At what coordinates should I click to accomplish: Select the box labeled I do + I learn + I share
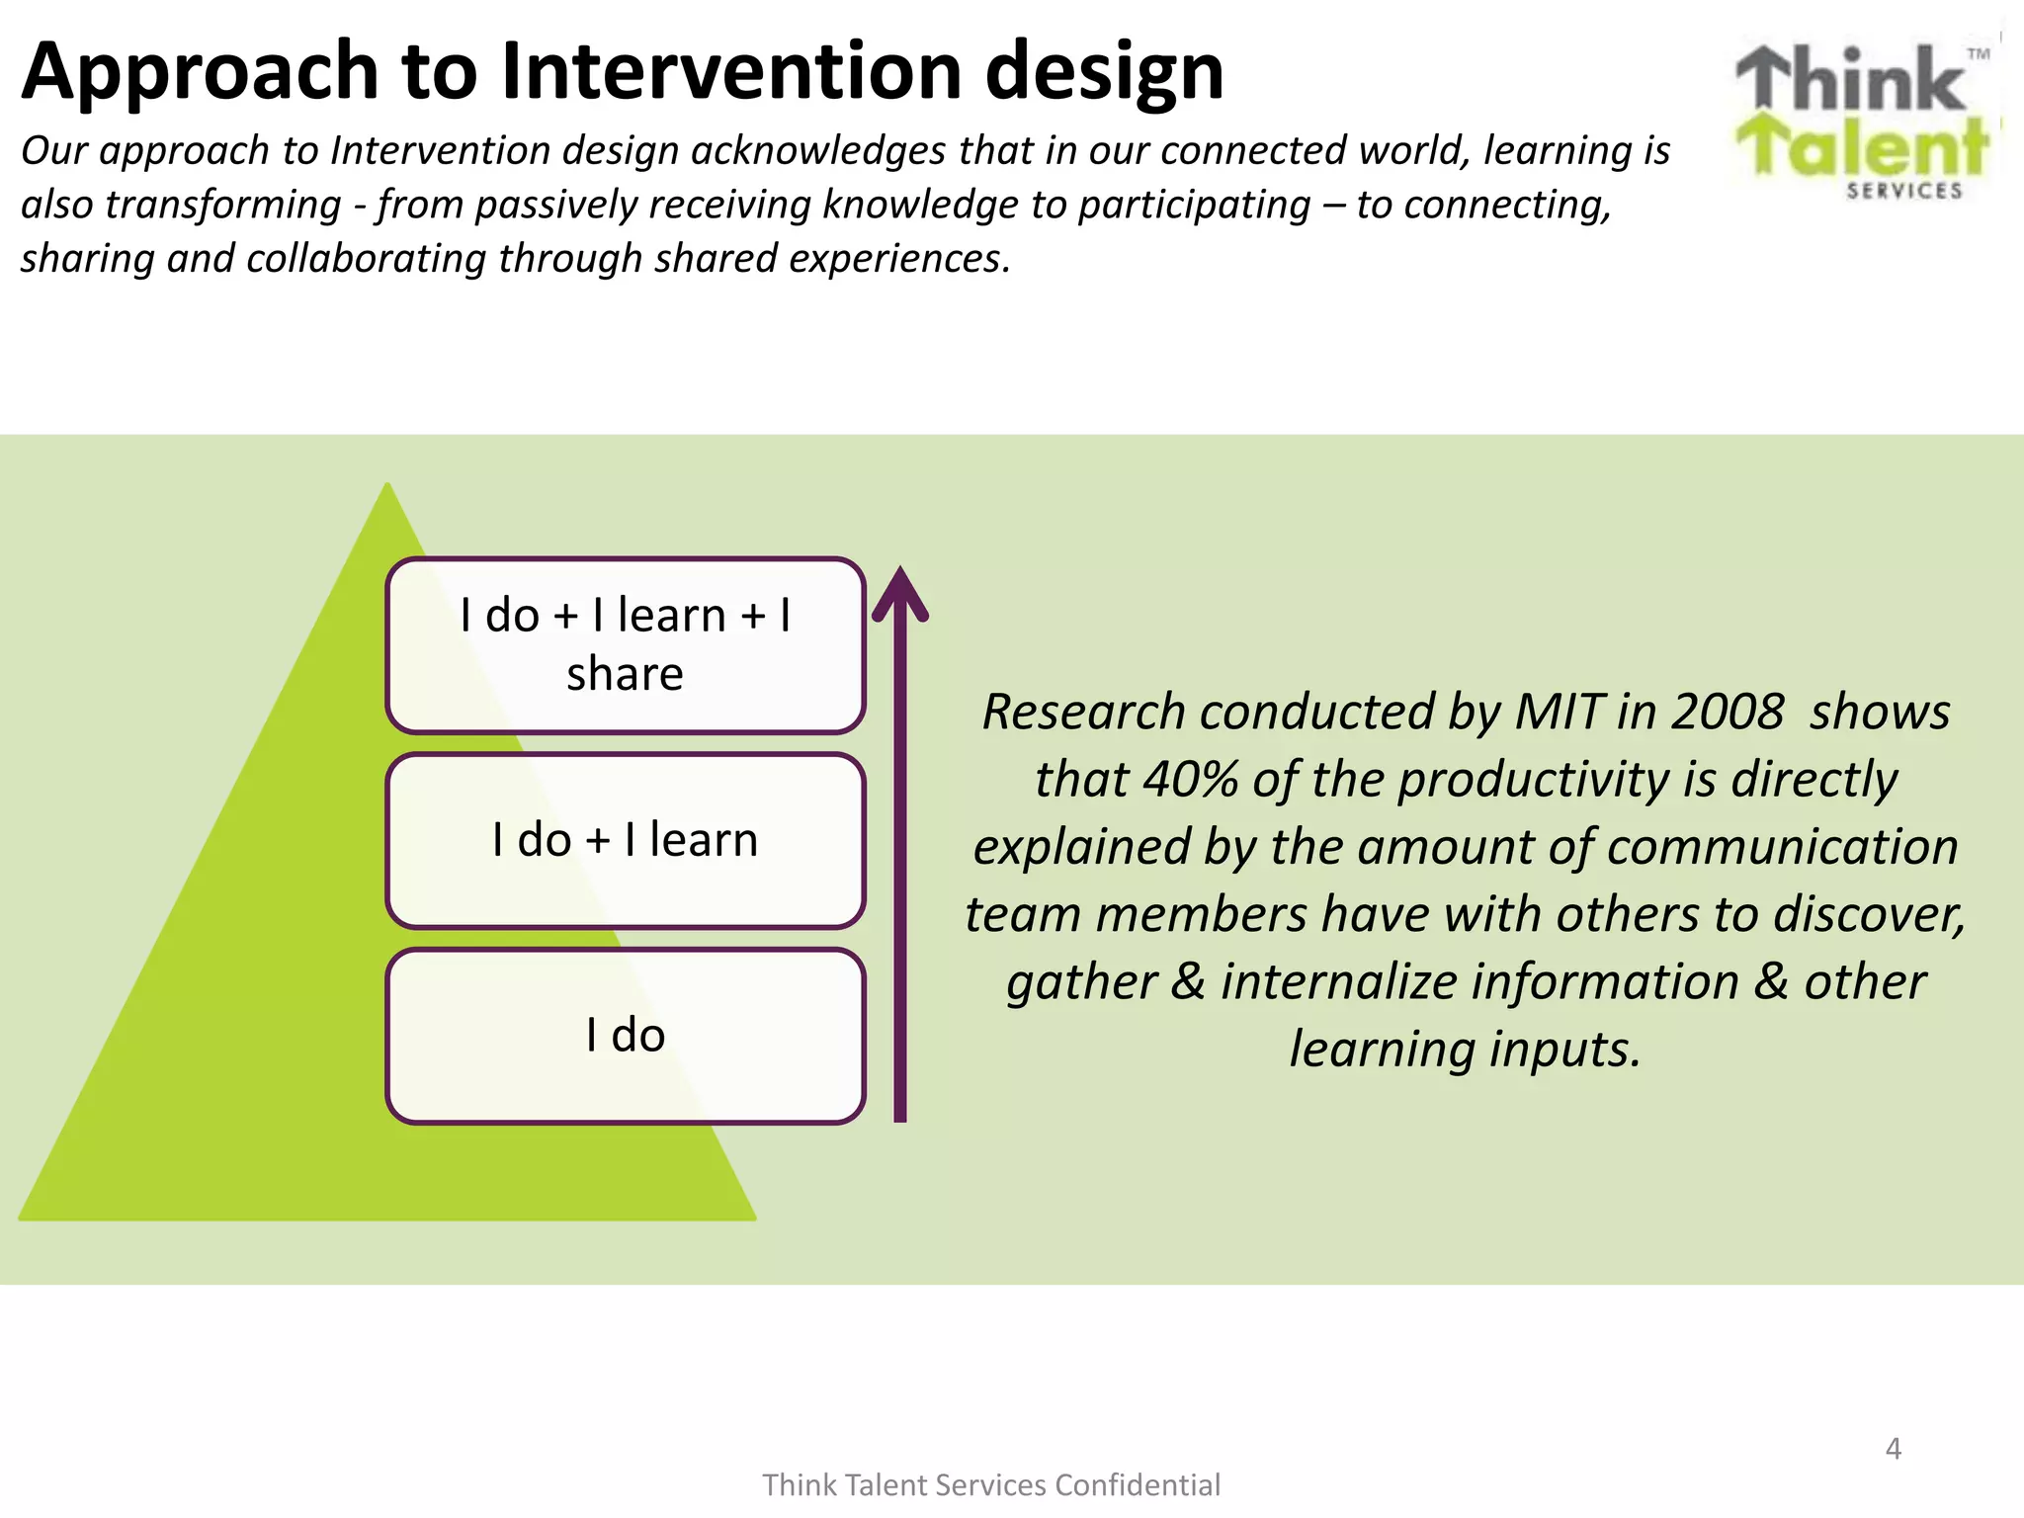tap(625, 644)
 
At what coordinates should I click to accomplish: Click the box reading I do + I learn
tap(625, 840)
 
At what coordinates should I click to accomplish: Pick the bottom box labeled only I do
tap(625, 1035)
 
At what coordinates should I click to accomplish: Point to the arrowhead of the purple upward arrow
tap(899, 593)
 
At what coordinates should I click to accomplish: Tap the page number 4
tap(1893, 1449)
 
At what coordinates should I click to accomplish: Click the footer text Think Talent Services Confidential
tap(991, 1485)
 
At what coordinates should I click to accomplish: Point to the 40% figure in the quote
tap(1191, 779)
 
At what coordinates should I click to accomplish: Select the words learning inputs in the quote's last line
tap(1465, 1049)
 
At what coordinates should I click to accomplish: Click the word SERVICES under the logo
tap(1903, 191)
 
